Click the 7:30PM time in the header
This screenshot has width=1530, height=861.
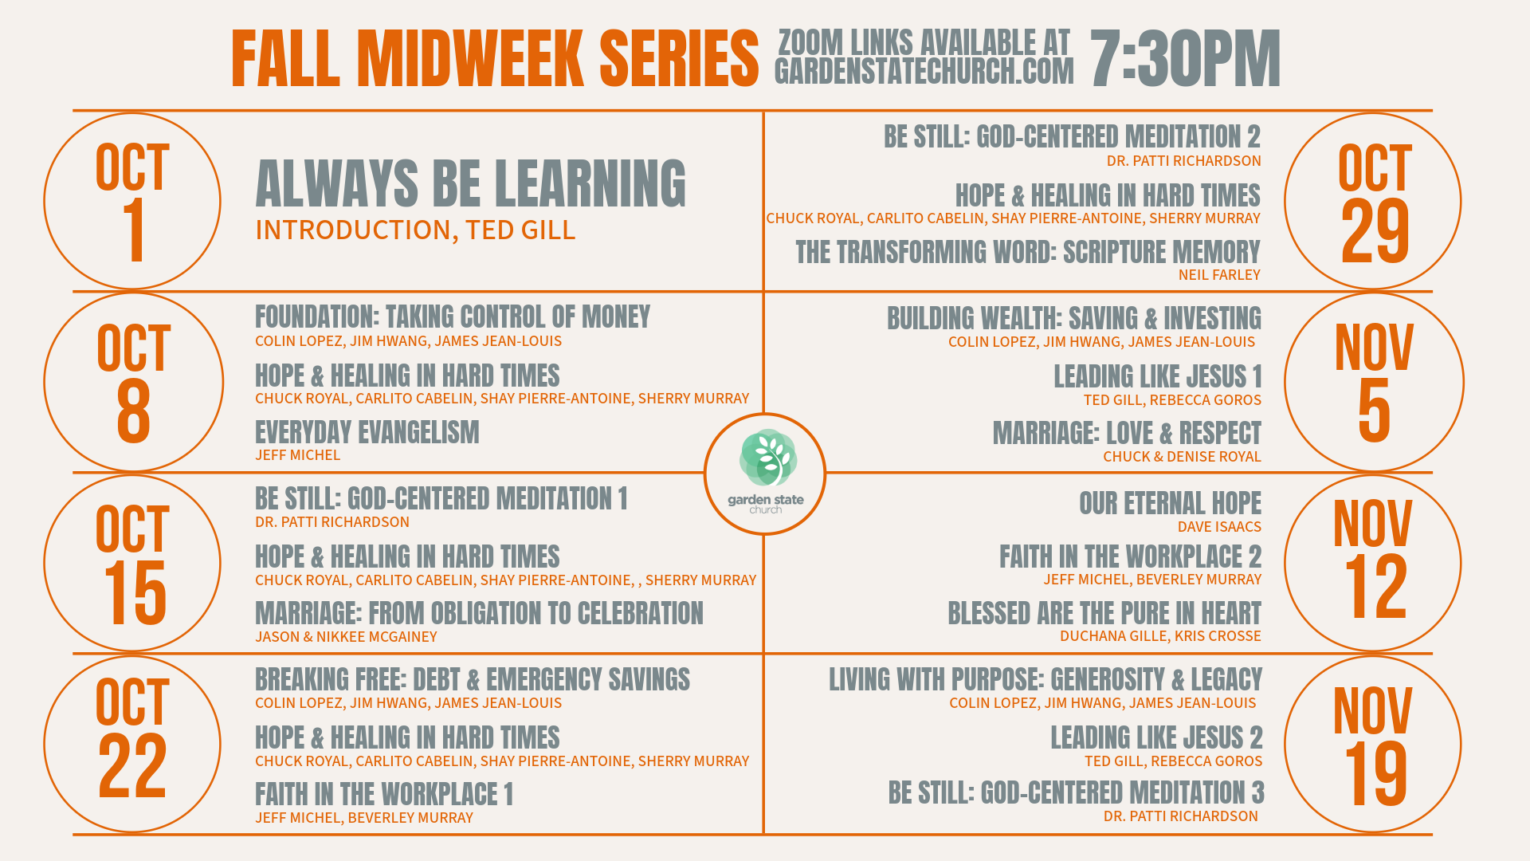click(1185, 59)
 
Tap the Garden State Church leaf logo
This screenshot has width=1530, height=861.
click(767, 458)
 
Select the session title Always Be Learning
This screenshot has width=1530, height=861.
click(470, 183)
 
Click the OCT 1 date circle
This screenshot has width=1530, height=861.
click(132, 201)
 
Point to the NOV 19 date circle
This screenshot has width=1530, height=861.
click(1372, 745)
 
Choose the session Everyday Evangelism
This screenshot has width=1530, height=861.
click(367, 433)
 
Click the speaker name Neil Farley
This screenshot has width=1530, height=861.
click(1219, 275)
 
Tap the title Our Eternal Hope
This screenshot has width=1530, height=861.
click(1170, 504)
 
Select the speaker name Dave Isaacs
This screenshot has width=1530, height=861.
click(1219, 527)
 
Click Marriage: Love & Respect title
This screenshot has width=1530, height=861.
click(1127, 434)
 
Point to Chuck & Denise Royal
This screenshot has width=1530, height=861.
click(1182, 457)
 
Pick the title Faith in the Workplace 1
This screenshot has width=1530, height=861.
click(384, 795)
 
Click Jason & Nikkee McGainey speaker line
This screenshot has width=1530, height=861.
click(346, 637)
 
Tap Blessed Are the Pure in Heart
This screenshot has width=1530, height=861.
click(1104, 614)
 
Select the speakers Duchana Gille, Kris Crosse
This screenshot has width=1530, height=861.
click(1160, 636)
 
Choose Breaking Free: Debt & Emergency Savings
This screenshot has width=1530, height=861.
click(473, 680)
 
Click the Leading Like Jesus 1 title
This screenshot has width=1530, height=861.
click(1158, 376)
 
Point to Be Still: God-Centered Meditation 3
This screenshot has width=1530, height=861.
click(1077, 793)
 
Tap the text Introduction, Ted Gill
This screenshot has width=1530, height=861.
click(415, 230)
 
